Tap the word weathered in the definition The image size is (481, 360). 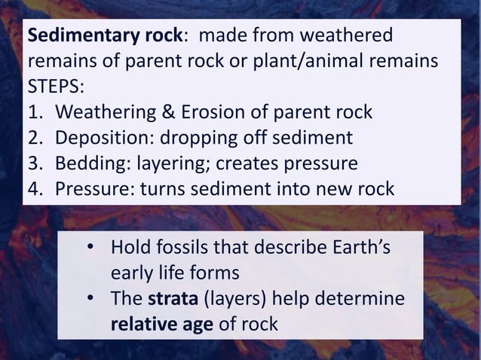(x=354, y=35)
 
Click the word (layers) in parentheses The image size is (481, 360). (x=236, y=300)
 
